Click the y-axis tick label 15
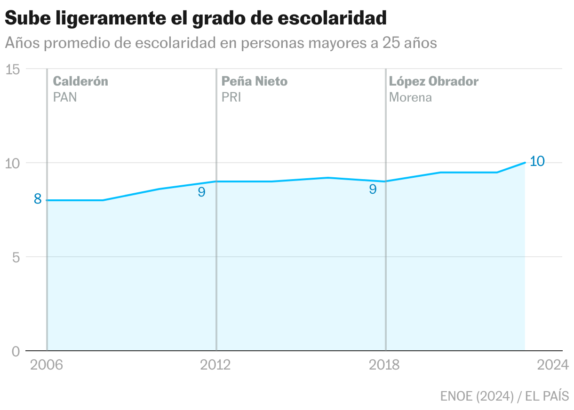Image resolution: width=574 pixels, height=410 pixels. tap(12, 69)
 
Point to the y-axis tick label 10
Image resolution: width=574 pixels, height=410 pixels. tap(12, 163)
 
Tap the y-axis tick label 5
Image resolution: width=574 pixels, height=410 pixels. tap(16, 257)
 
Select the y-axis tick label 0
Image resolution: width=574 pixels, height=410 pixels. tap(16, 351)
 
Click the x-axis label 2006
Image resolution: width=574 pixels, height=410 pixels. tap(47, 365)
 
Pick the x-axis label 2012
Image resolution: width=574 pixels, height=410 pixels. tap(215, 365)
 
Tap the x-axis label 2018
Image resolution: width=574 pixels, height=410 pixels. tap(384, 365)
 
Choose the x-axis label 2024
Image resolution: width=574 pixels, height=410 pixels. tap(553, 365)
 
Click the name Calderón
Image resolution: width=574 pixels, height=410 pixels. tap(80, 81)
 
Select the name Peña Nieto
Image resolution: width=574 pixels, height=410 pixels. tap(255, 81)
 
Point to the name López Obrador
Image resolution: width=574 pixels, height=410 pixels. tap(434, 81)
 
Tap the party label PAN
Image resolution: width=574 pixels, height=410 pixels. tap(65, 97)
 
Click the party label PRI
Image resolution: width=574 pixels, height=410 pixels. tap(231, 97)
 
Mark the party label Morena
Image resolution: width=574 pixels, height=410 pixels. tap(410, 97)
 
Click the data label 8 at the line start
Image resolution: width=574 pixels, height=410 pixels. tap(38, 199)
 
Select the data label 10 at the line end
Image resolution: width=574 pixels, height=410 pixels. tap(537, 161)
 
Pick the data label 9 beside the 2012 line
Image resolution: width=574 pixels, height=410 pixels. tap(201, 192)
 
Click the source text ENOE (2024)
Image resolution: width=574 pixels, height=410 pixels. tap(477, 396)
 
